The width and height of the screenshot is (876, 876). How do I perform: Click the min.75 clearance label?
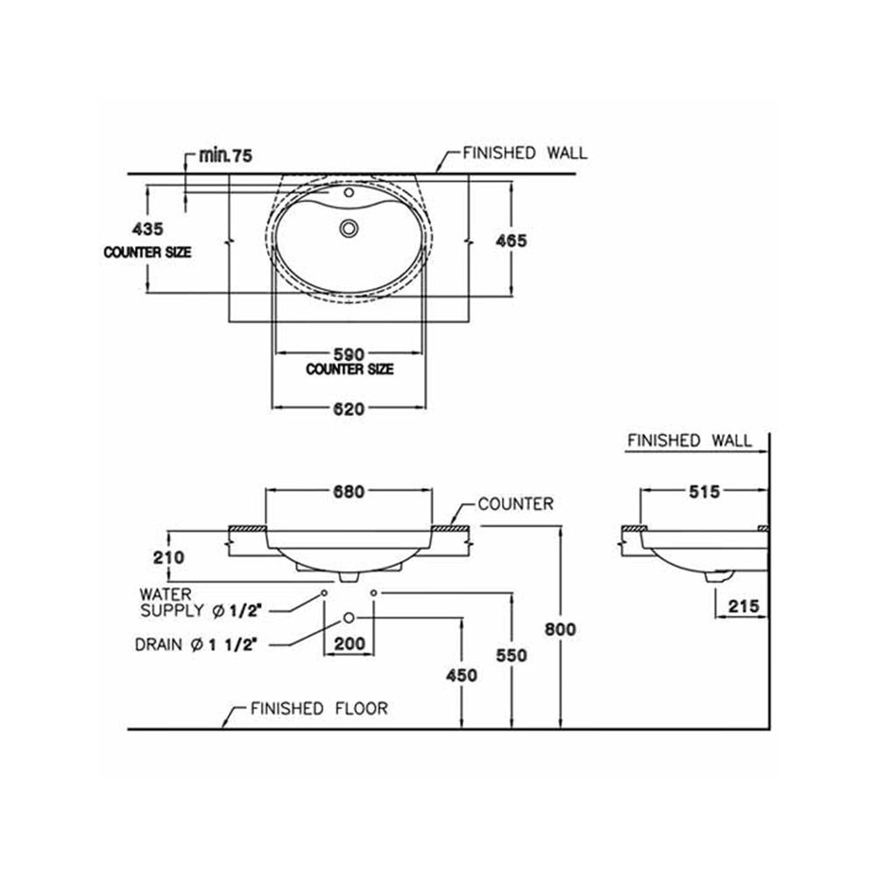click(225, 156)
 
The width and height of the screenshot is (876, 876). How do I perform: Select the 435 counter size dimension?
click(147, 229)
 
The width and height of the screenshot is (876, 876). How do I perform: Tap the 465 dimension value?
click(511, 241)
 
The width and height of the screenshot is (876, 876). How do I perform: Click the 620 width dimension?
click(349, 408)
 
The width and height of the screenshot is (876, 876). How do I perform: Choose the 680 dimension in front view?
click(349, 491)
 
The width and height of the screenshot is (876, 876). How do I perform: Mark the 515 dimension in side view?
click(703, 491)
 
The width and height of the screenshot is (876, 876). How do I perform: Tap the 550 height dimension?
click(511, 655)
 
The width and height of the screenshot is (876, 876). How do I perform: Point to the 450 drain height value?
click(462, 675)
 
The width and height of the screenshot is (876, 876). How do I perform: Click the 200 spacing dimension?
click(350, 644)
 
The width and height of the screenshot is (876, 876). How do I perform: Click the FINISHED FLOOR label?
click(319, 708)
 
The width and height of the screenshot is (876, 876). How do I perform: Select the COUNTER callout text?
click(515, 504)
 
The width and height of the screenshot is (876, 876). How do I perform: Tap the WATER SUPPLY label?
click(184, 601)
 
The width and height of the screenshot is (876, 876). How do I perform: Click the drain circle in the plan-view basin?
click(350, 228)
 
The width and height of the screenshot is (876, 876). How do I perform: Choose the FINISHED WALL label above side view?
click(689, 441)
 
